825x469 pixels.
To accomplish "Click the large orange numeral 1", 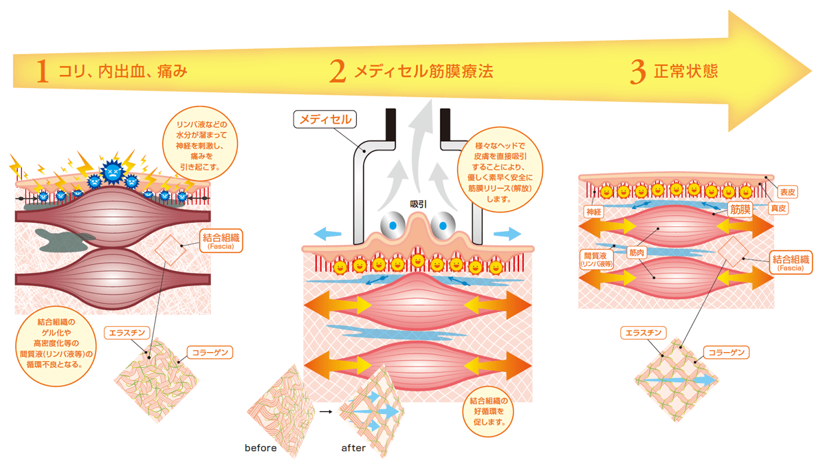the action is pos(43,71).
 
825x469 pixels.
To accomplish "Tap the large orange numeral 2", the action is pos(338,71).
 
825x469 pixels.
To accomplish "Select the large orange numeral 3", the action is pos(638,72).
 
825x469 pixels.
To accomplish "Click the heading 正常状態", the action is pos(686,71).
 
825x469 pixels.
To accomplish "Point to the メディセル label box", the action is pos(324,120).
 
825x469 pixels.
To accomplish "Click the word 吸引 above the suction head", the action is pos(419,204).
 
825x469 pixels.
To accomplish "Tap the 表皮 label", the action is pos(787,192).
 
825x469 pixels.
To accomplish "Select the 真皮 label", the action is pos(778,208).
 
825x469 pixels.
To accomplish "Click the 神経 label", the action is pos(594,212).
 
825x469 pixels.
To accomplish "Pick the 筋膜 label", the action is pos(740,210).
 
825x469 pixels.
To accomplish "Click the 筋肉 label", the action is pos(637,252).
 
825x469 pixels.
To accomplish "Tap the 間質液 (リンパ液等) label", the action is pos(596,259).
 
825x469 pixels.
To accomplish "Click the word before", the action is pos(261,448).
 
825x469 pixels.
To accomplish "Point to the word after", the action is pos(353,448).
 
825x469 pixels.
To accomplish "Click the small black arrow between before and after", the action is pos(326,411).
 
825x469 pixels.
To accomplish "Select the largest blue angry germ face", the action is pos(113,171).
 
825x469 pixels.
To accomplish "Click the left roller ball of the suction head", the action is pos(393,226).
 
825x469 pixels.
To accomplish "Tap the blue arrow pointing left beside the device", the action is pos(327,234).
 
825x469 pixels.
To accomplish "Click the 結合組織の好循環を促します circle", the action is pos(488,411).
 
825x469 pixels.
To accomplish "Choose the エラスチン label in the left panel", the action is pos(127,333).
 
